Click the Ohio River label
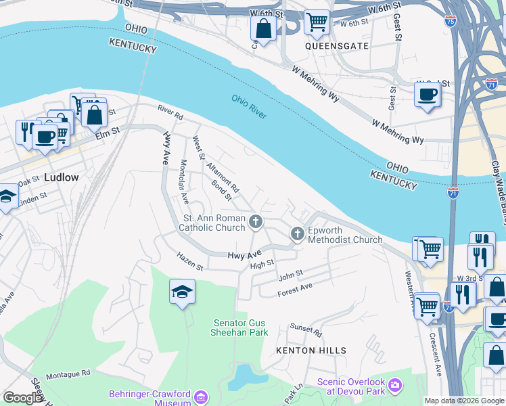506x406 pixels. click(x=248, y=107)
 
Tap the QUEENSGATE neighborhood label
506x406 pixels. click(x=327, y=47)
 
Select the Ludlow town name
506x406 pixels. click(x=61, y=177)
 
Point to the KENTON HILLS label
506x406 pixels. click(x=311, y=351)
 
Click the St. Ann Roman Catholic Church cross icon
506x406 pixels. click(x=256, y=221)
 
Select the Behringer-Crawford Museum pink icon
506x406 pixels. click(x=201, y=397)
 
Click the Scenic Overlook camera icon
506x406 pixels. click(x=396, y=386)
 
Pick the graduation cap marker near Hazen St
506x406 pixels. click(x=182, y=291)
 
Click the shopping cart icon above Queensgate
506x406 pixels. click(x=316, y=22)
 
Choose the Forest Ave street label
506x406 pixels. click(x=295, y=290)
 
